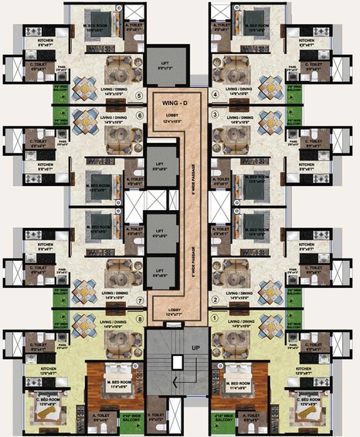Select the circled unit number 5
click(x=140, y=97)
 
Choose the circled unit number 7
click(x=140, y=300)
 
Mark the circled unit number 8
click(x=140, y=317)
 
